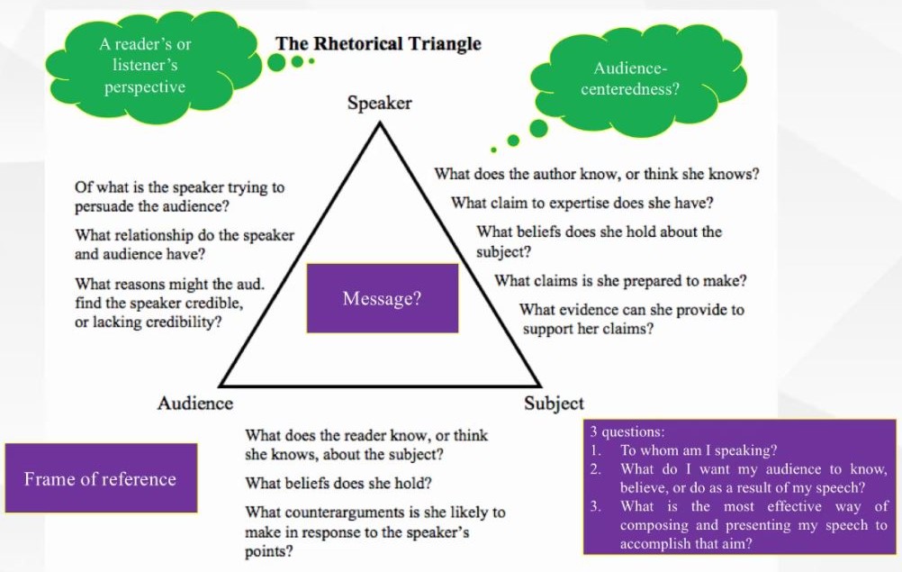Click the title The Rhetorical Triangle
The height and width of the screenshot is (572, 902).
pyautogui.click(x=378, y=43)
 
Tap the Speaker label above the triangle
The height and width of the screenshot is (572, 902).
pyautogui.click(x=379, y=103)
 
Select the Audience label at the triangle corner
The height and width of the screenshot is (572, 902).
pyautogui.click(x=195, y=404)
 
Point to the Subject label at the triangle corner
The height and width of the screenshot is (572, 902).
pyautogui.click(x=554, y=404)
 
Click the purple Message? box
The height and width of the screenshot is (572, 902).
pyautogui.click(x=382, y=298)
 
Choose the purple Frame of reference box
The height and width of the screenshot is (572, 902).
pyautogui.click(x=100, y=478)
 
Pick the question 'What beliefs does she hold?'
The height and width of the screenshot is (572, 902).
pyautogui.click(x=338, y=483)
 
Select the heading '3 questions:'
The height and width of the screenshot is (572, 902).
pyautogui.click(x=627, y=432)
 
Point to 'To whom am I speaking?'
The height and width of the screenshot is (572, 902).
pyautogui.click(x=699, y=450)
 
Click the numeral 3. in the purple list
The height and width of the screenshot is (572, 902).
pyautogui.click(x=595, y=506)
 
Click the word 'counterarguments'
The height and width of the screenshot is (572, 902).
pyautogui.click(x=346, y=513)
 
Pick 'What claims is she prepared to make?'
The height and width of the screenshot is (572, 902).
pyautogui.click(x=620, y=281)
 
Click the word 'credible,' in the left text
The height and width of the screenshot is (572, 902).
pyautogui.click(x=209, y=303)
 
